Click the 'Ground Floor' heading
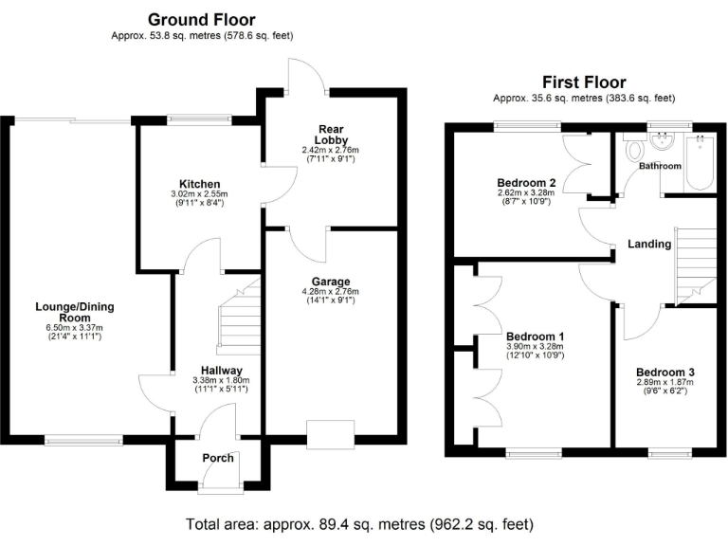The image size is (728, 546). click(x=201, y=19)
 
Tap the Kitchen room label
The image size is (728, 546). click(x=199, y=184)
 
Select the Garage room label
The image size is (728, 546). click(x=331, y=282)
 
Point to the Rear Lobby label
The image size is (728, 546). click(x=332, y=133)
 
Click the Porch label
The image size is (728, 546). click(x=218, y=458)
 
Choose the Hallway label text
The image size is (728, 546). click(x=221, y=371)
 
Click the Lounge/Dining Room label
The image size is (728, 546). click(x=68, y=312)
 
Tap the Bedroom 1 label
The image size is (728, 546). click(x=535, y=337)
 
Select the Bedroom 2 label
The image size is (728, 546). click(x=525, y=183)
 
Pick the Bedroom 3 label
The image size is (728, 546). click(x=664, y=372)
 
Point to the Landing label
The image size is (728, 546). click(x=649, y=244)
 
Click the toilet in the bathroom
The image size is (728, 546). click(x=633, y=152)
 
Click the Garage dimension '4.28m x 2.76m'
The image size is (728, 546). click(x=331, y=293)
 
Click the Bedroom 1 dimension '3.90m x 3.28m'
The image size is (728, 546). click(x=535, y=348)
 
